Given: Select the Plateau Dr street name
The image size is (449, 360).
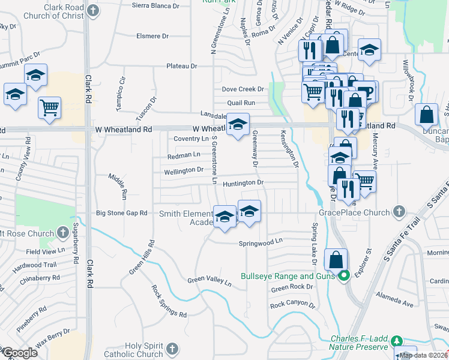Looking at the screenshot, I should tap(181, 66).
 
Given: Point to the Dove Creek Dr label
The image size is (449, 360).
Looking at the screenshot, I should tap(243, 89).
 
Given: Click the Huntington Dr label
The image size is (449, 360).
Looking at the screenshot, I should tap(243, 182).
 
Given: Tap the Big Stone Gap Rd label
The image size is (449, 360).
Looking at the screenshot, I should tap(122, 213).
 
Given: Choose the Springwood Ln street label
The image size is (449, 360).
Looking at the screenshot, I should tap(260, 242).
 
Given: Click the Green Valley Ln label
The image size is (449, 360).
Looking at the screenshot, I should tap(209, 281).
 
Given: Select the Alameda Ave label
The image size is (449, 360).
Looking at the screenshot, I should tap(394, 300).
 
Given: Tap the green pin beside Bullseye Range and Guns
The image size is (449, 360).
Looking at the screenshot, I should tap(343, 277).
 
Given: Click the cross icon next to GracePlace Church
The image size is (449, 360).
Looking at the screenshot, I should tap(399, 211).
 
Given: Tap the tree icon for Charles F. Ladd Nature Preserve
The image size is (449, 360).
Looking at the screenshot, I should tap(396, 341).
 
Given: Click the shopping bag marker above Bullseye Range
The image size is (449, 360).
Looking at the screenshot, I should tap(336, 259).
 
